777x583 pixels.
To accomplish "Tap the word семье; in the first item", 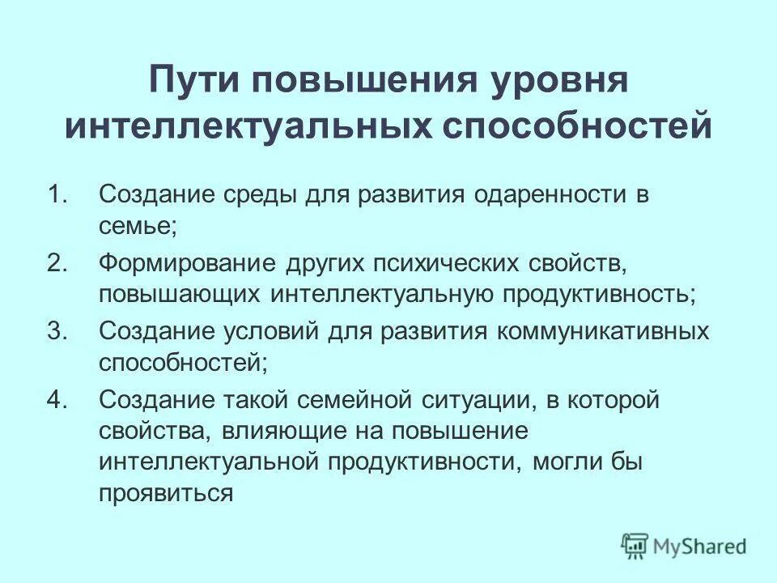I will pos(137,226).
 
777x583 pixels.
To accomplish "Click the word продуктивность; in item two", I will pos(599,294).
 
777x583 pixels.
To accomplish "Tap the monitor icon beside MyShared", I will pos(635,546).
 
